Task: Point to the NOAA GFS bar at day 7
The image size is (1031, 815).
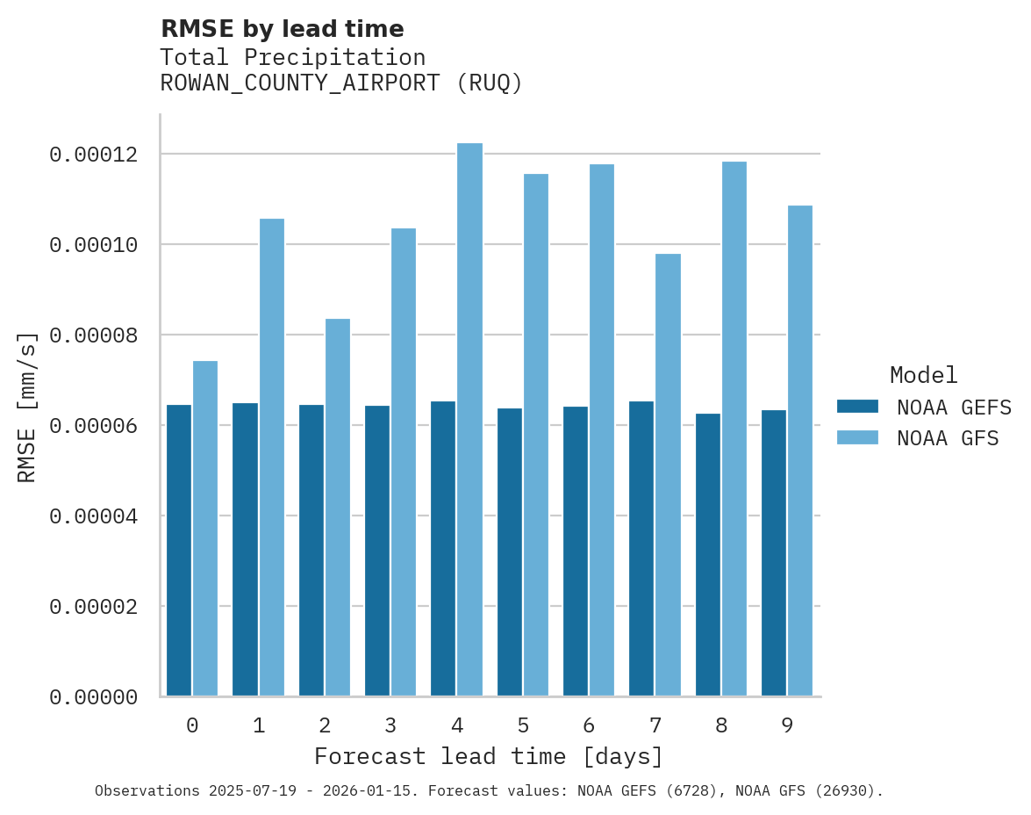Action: tap(668, 475)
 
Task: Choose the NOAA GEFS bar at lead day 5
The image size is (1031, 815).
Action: tap(510, 552)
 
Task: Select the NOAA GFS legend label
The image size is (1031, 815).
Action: tap(948, 438)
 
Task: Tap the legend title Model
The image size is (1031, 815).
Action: tap(923, 375)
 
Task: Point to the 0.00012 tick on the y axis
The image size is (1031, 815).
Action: tap(94, 155)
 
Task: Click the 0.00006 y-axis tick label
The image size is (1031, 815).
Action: tap(94, 426)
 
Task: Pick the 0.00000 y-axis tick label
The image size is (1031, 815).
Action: tap(94, 697)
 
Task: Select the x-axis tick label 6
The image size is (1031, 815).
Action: tap(589, 725)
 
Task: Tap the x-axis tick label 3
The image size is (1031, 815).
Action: tap(390, 725)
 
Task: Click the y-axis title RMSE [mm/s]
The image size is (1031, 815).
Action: tap(27, 407)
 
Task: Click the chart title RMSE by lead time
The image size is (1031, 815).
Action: tap(283, 29)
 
